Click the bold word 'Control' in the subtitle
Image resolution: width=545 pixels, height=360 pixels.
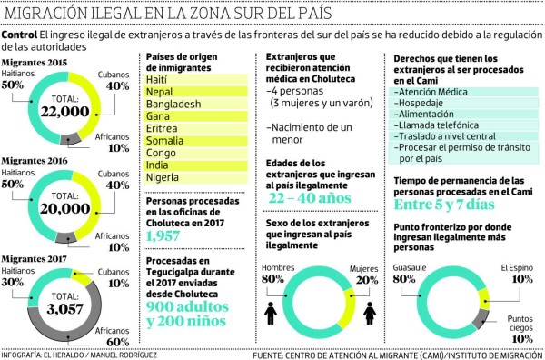pos(20,35)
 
